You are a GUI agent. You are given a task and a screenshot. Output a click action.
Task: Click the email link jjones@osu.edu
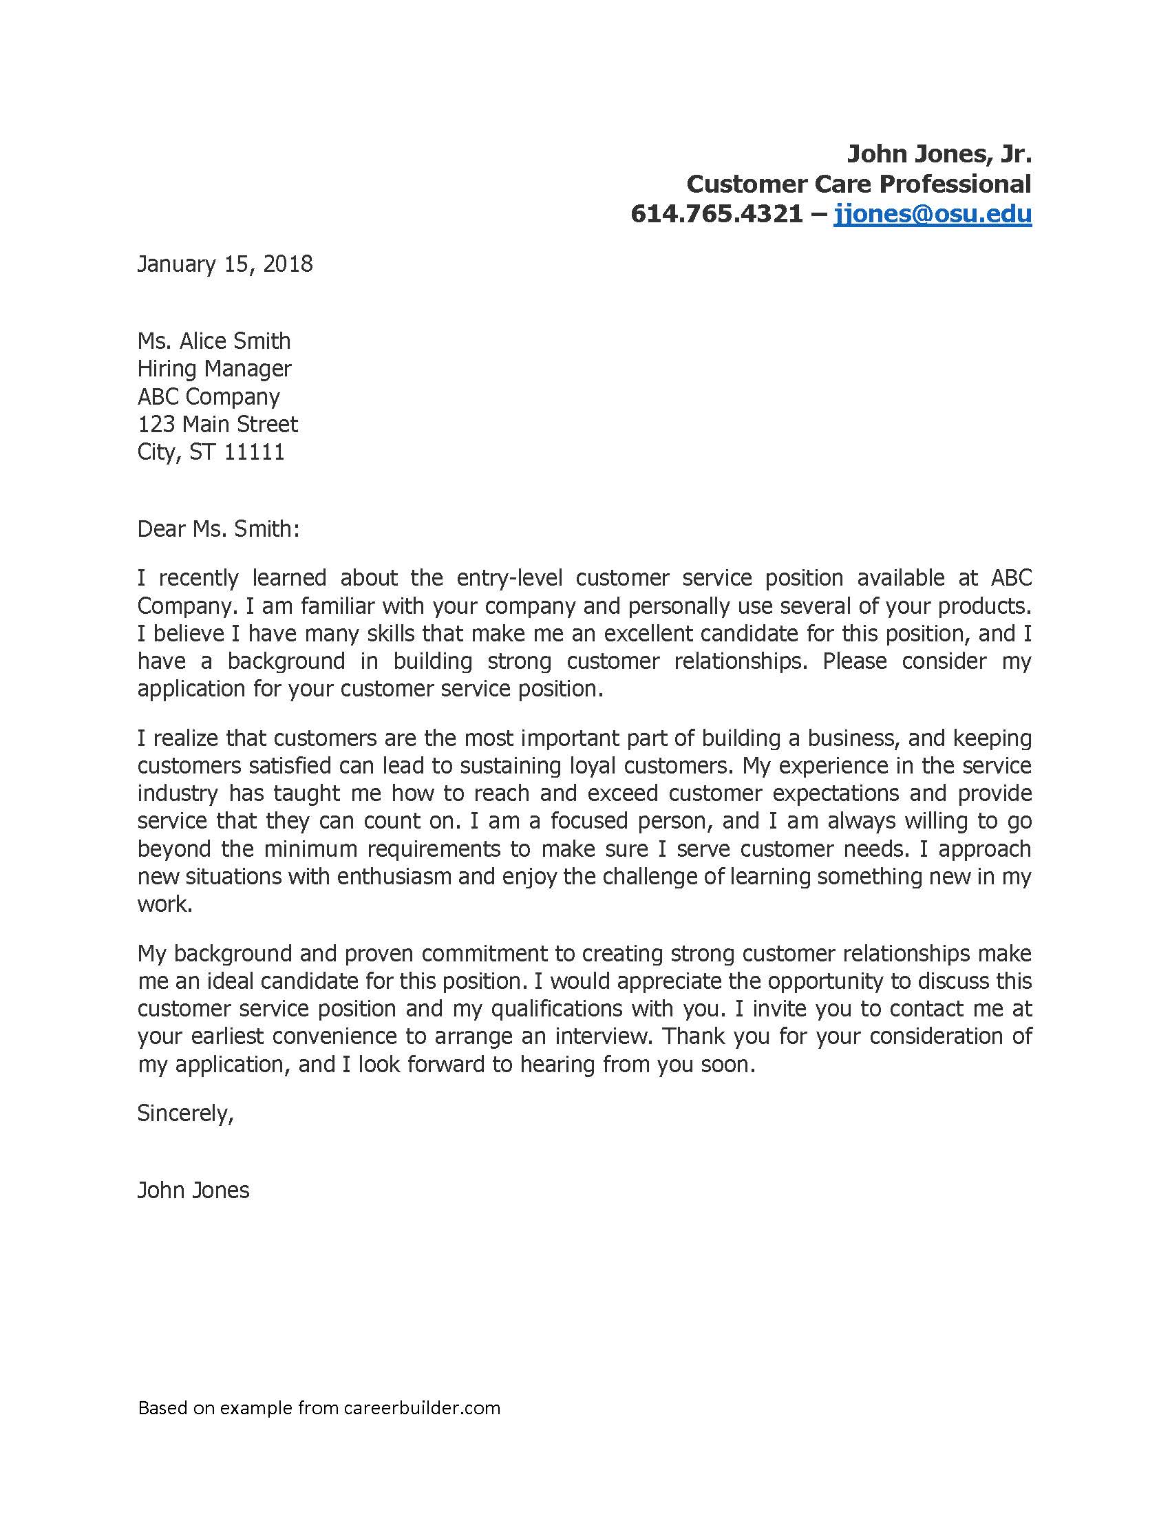coord(933,214)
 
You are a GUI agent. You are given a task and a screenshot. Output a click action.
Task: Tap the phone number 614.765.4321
coord(716,214)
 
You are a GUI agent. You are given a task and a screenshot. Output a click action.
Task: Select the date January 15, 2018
coord(225,264)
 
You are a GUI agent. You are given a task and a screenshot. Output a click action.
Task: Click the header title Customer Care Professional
coord(859,184)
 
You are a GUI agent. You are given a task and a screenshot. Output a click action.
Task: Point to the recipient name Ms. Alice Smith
coord(214,341)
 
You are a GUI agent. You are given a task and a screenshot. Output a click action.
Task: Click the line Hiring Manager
coord(214,369)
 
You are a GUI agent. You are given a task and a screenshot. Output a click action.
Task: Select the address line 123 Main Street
coord(217,424)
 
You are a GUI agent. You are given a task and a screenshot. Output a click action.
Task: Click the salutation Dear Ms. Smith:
coord(218,529)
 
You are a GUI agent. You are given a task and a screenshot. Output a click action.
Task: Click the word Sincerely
coord(185,1113)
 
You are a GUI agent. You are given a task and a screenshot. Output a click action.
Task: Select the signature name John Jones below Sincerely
coord(193,1191)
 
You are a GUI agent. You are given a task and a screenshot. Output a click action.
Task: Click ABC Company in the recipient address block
coord(209,396)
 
